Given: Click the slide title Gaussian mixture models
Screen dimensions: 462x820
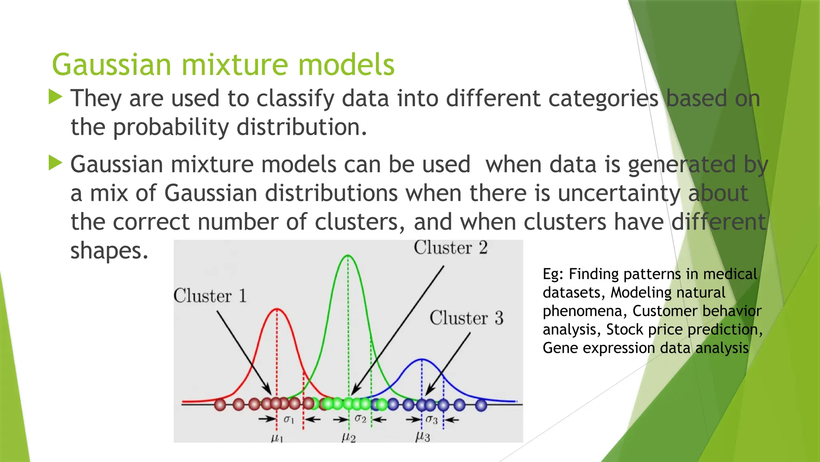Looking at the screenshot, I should coord(223,65).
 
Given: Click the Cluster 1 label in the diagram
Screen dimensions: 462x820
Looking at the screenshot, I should coord(210,296).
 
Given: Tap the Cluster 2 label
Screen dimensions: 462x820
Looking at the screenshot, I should coord(450,247).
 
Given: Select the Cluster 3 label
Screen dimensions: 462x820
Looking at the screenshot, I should coord(466,318).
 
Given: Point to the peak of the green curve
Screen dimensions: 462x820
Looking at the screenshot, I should coord(348,255).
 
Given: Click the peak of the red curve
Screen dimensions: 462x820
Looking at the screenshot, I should coord(277,309).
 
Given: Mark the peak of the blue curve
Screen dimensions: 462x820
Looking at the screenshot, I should coord(422,359).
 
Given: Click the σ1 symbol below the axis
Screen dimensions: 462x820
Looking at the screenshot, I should coord(289,419).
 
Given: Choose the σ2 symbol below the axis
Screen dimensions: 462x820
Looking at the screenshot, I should coord(360,419).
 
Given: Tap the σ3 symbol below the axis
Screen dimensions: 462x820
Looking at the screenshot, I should coord(432,419).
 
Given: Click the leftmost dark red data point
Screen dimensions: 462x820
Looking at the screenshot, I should coord(220,405).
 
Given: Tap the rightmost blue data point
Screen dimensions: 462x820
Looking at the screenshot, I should coord(481,405).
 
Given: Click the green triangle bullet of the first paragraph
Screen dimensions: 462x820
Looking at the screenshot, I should coord(55,97).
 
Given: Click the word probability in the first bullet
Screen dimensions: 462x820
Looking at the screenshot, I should coord(171,127).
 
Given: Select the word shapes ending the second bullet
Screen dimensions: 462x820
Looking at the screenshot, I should coord(109,251).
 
